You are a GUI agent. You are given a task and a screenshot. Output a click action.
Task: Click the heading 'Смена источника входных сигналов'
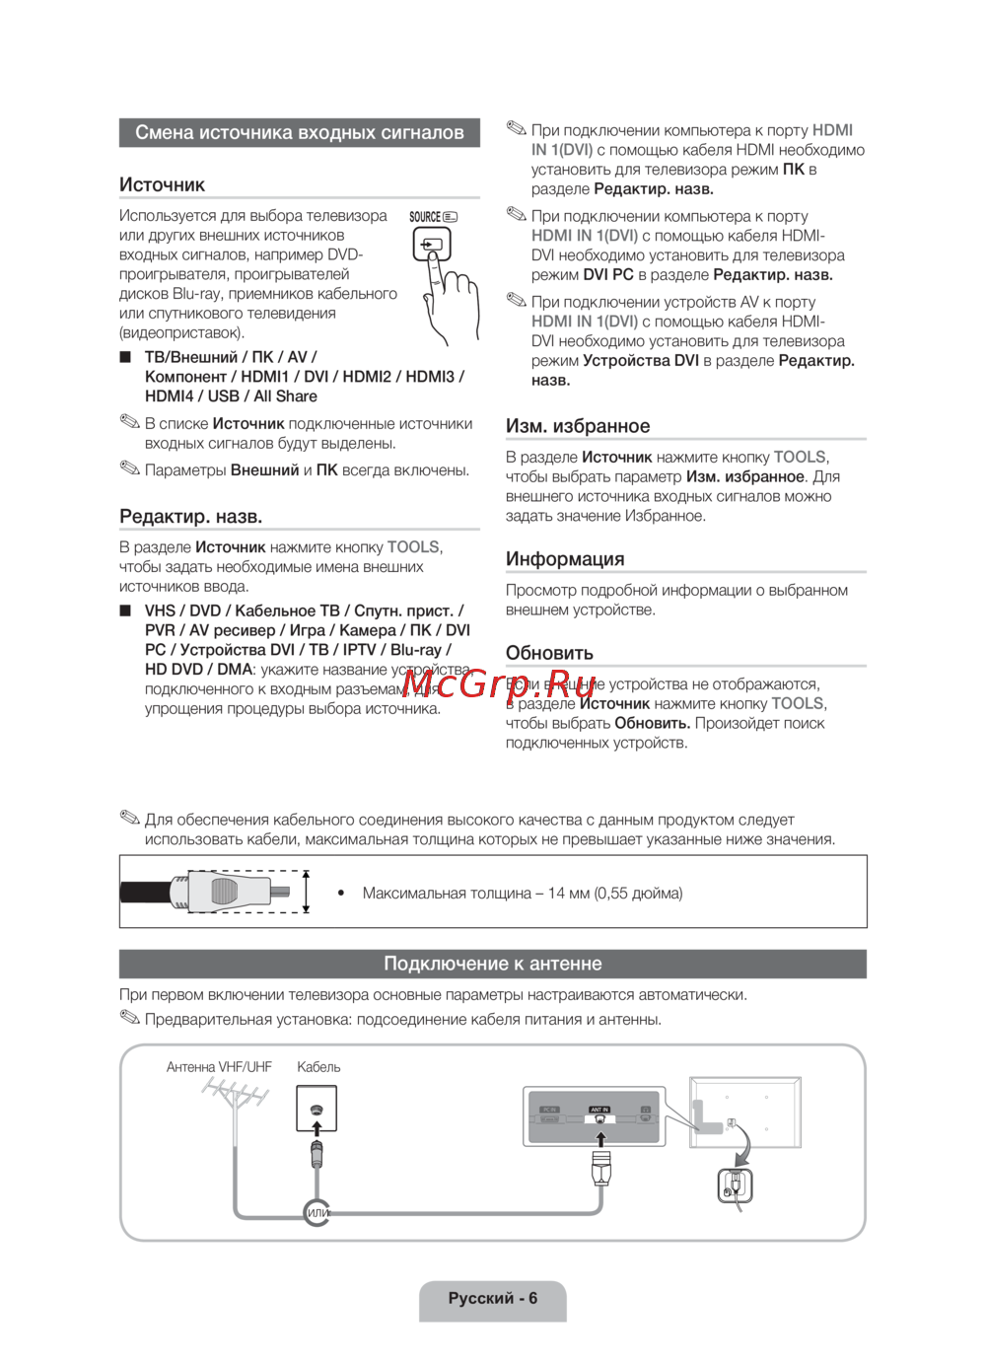pos(299,133)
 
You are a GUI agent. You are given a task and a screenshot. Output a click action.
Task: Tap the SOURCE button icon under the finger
pos(431,244)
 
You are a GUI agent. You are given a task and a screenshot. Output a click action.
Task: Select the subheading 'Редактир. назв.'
pos(190,517)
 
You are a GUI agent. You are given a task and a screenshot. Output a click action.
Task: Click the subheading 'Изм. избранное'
pos(578,426)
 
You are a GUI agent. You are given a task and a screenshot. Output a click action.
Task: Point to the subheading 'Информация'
pos(565,559)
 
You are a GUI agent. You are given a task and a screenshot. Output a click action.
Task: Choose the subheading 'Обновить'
pos(549,653)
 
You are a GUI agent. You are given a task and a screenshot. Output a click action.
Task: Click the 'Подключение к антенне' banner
pos(492,964)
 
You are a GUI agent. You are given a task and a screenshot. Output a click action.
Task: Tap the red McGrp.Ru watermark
pos(499,682)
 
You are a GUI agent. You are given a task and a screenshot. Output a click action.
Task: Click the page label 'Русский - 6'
pos(492,1298)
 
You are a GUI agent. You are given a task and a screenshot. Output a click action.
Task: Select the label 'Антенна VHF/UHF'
pos(219,1067)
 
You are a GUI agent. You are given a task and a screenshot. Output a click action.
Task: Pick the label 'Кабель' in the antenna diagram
pos(318,1067)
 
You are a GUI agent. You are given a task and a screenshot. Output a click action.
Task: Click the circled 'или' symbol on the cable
pos(317,1212)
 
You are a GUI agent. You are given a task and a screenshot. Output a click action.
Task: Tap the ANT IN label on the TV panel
pos(599,1110)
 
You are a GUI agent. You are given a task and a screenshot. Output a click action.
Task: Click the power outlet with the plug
pos(735,1185)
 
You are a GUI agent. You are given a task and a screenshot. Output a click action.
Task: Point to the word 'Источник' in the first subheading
pos(162,185)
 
